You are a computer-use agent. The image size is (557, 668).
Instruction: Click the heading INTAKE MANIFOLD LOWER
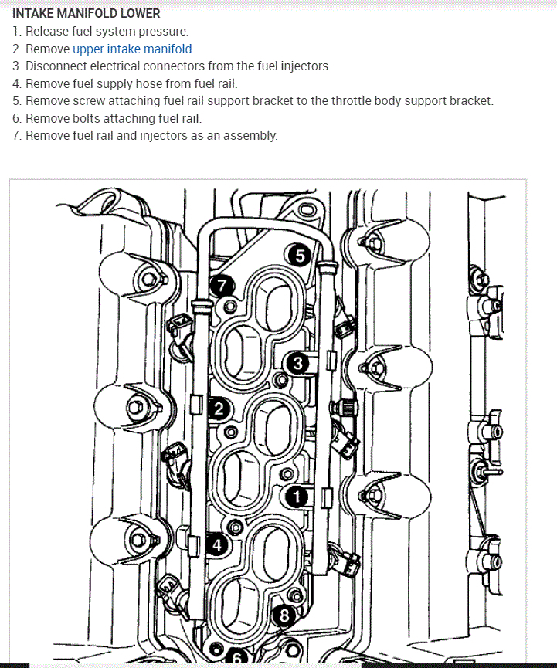(86, 14)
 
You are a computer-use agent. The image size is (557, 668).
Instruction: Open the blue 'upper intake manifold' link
(132, 49)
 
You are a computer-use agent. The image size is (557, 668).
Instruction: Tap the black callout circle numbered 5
(297, 255)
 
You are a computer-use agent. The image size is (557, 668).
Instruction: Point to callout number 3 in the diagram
(297, 362)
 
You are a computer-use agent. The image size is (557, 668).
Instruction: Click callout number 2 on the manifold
(219, 409)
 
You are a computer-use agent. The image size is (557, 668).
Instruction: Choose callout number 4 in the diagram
(216, 544)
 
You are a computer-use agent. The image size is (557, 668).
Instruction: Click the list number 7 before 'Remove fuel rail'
(16, 136)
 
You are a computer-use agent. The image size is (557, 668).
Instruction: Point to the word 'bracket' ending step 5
(470, 101)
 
